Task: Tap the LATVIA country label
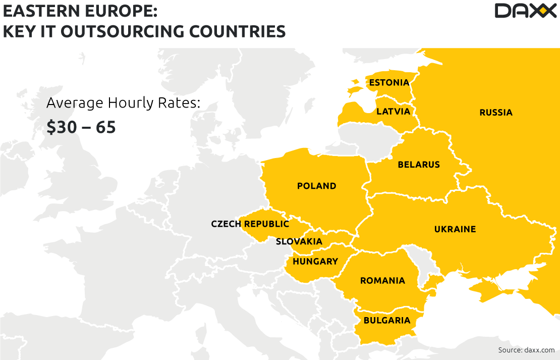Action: coord(394,111)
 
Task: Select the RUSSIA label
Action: coord(496,112)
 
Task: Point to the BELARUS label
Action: coord(419,165)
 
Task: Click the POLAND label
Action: coord(316,186)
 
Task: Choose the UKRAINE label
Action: coord(455,229)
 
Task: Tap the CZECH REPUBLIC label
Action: coord(250,224)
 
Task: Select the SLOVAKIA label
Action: coord(299,241)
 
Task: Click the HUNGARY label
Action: coord(315,262)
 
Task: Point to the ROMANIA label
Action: coord(382,281)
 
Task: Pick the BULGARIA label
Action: coord(387,320)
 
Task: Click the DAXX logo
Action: coord(525,11)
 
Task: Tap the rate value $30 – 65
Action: coord(81,127)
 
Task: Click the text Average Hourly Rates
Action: coord(124,103)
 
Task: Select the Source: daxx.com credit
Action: coord(526,350)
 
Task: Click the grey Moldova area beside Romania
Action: coord(419,263)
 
